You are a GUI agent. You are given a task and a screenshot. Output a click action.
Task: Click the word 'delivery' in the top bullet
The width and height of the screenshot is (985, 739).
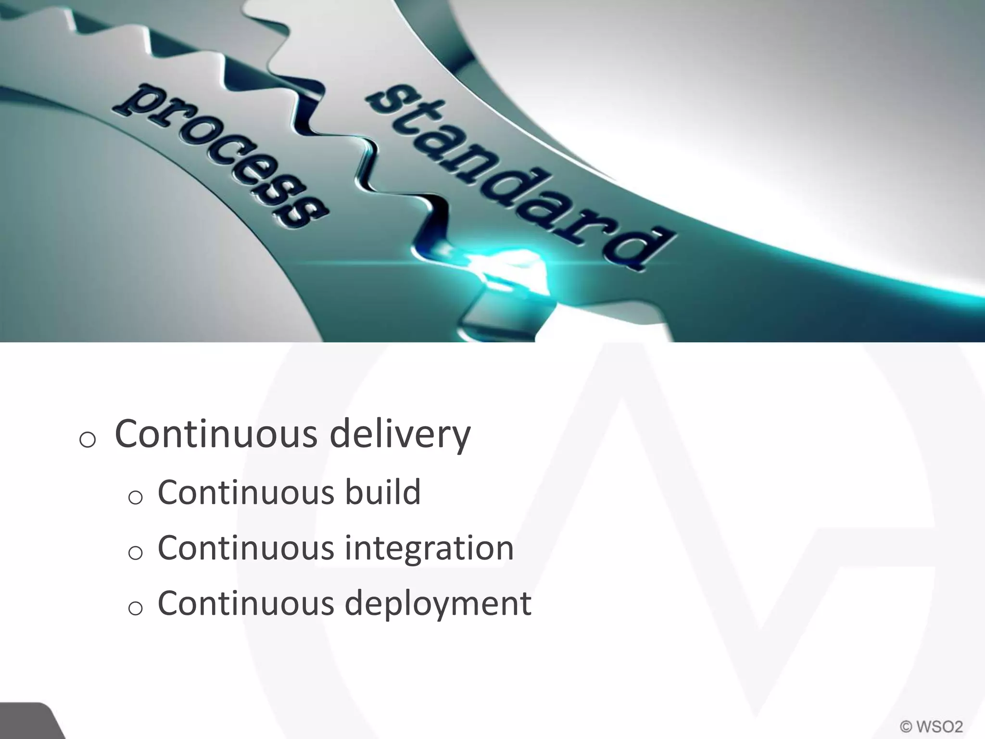400,434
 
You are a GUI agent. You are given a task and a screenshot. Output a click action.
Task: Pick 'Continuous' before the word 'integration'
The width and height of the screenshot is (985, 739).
246,548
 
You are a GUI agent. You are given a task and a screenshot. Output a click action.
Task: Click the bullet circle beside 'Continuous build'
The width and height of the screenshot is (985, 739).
136,497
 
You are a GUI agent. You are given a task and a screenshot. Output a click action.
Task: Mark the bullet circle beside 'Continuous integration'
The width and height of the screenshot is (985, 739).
136,553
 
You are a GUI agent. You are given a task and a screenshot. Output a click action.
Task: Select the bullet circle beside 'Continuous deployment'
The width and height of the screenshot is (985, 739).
136,609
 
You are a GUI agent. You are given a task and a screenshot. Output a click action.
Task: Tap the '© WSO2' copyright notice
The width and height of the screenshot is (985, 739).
931,726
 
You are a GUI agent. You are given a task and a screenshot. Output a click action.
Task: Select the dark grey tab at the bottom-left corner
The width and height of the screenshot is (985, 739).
29,722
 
